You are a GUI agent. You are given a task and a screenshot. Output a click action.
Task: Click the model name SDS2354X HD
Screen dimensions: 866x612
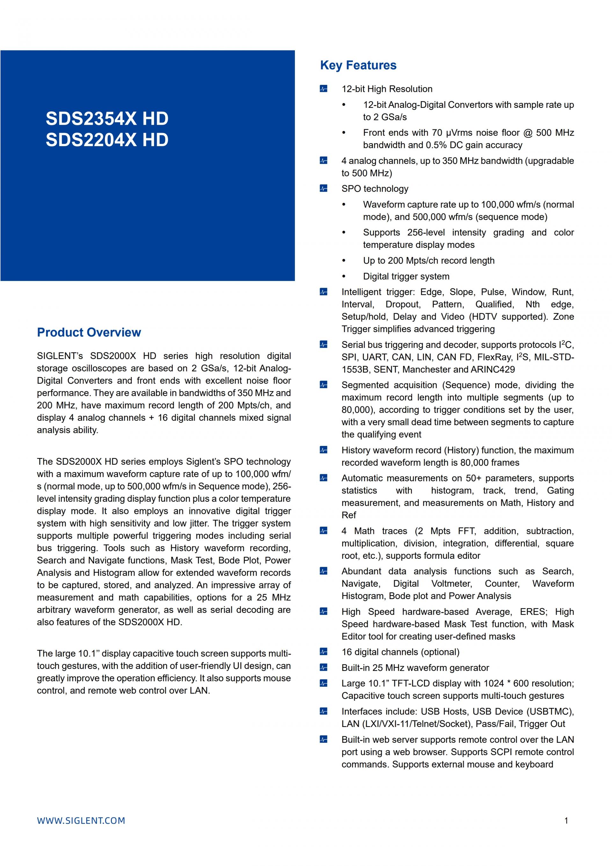click(x=107, y=118)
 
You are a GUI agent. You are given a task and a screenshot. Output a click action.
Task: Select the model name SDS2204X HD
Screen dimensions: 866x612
click(x=107, y=140)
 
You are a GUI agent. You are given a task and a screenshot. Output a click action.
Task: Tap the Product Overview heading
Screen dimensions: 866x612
click(x=89, y=332)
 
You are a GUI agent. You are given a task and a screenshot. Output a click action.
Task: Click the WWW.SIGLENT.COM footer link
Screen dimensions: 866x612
click(x=81, y=821)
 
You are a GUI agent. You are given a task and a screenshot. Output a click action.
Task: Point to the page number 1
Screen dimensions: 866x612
click(x=566, y=821)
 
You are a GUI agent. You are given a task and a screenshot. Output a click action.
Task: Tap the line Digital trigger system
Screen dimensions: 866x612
click(x=406, y=277)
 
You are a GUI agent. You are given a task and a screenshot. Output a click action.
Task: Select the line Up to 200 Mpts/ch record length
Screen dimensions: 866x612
click(x=428, y=261)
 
